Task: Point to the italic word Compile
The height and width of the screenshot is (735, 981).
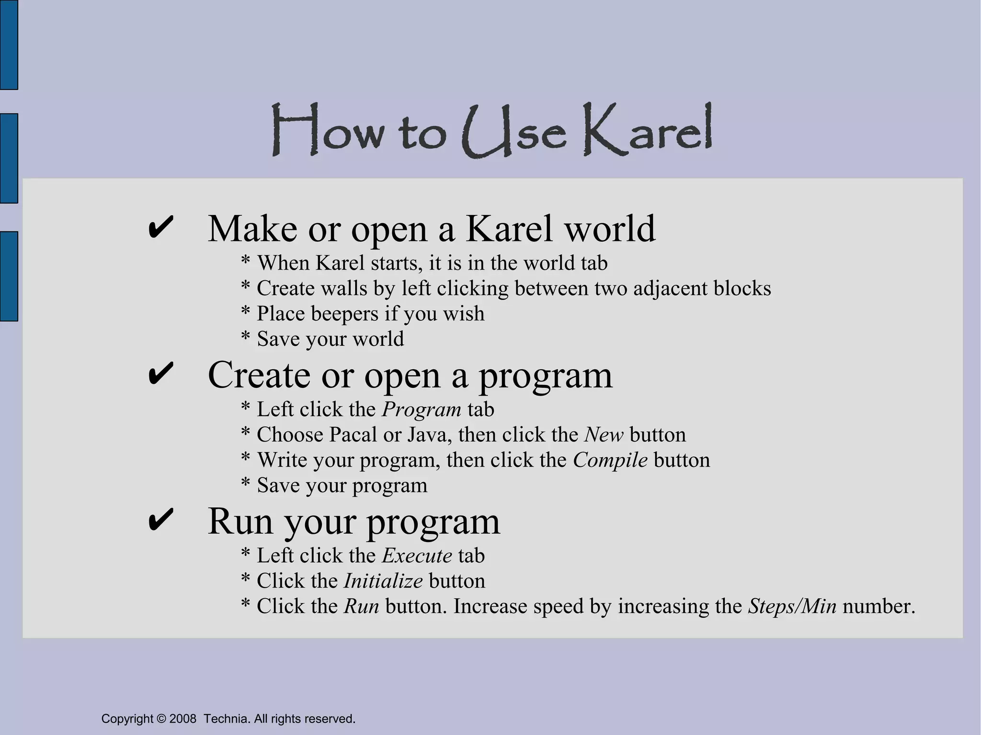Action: coord(610,460)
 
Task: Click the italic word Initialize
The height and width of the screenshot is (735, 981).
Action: coord(383,581)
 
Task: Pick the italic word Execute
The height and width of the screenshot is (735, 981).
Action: coord(417,555)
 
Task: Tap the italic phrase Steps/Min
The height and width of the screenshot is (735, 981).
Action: coord(792,606)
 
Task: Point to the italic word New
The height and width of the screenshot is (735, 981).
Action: coord(604,435)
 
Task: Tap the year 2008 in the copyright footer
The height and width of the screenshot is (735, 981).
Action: coord(183,719)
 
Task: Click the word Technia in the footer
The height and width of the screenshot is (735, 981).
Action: coord(226,719)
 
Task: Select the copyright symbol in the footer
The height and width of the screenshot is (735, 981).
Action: coord(161,719)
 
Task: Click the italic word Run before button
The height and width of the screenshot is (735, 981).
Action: coord(361,606)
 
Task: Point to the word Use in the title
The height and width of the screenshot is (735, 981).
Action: coord(514,132)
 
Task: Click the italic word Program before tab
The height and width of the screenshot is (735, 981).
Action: coord(422,409)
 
